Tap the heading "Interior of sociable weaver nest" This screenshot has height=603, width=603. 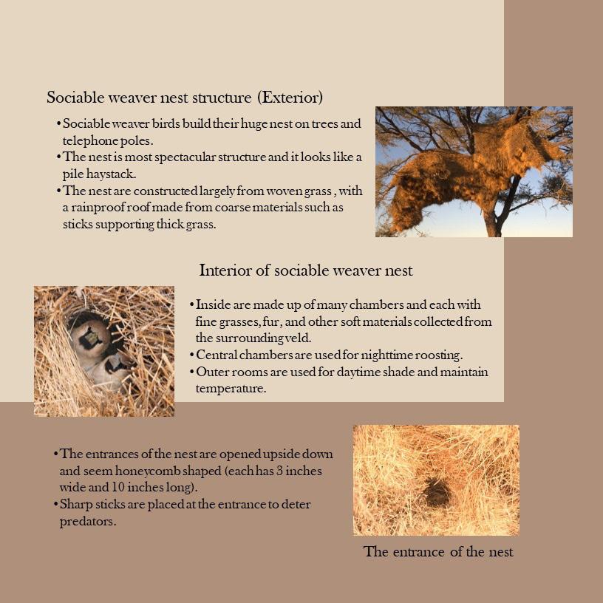(306, 270)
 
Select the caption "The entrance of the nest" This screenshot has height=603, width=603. (438, 552)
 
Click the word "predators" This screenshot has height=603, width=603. (87, 522)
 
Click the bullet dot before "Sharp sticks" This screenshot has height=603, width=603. (55, 505)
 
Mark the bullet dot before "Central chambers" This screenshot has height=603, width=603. (192, 355)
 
